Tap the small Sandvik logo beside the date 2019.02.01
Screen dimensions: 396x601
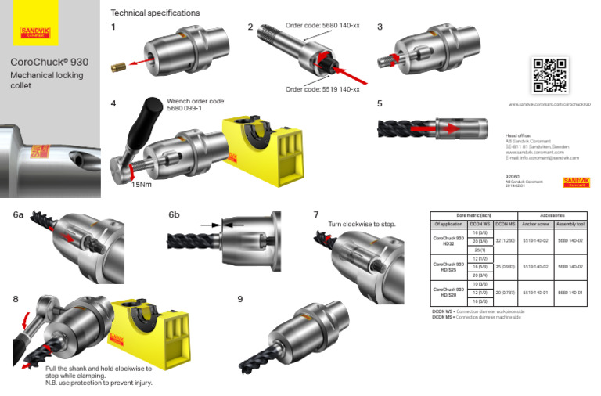coord(576,182)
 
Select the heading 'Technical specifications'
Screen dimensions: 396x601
coord(155,13)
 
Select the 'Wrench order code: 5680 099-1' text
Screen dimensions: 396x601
coord(196,105)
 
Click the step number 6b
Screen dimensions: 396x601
coord(174,214)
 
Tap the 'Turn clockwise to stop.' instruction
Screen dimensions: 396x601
coord(362,225)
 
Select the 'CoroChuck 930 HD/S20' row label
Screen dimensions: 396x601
coord(448,293)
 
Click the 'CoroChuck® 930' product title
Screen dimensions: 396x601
coord(44,61)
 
